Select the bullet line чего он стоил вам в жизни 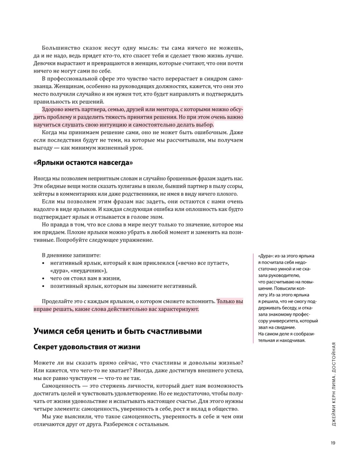(x=84, y=278)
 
